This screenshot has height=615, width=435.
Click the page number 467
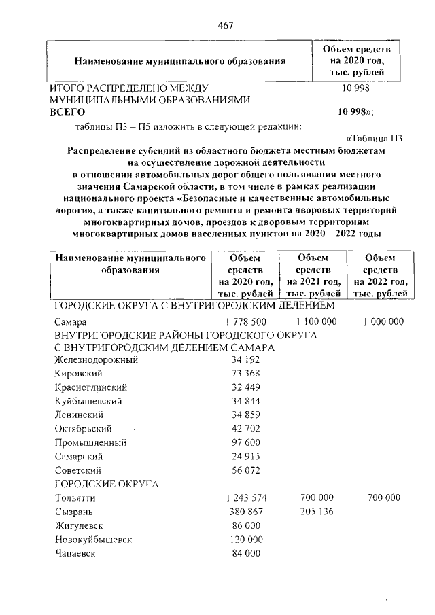[x=226, y=25]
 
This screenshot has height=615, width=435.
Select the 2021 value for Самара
[x=316, y=321]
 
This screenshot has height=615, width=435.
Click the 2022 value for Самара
[x=383, y=321]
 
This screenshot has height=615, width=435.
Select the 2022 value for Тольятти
[x=383, y=498]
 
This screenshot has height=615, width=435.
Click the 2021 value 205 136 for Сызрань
[x=316, y=512]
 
